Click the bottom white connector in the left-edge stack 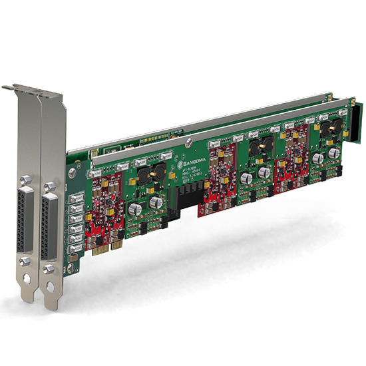pyautogui.click(x=75, y=247)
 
